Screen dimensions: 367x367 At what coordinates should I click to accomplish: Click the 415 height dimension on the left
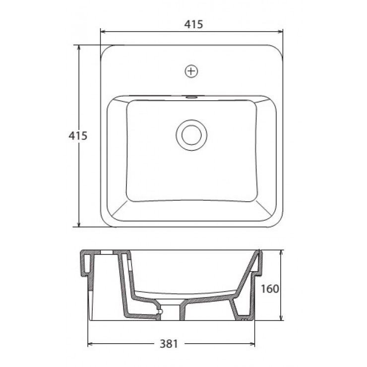78,135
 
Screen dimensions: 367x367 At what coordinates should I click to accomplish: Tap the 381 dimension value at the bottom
170,343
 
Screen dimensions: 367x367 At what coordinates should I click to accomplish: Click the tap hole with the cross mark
191,71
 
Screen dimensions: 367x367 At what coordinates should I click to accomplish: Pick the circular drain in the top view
191,134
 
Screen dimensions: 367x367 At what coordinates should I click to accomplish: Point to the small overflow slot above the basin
191,97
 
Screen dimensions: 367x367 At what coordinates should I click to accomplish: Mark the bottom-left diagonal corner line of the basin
117,210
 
